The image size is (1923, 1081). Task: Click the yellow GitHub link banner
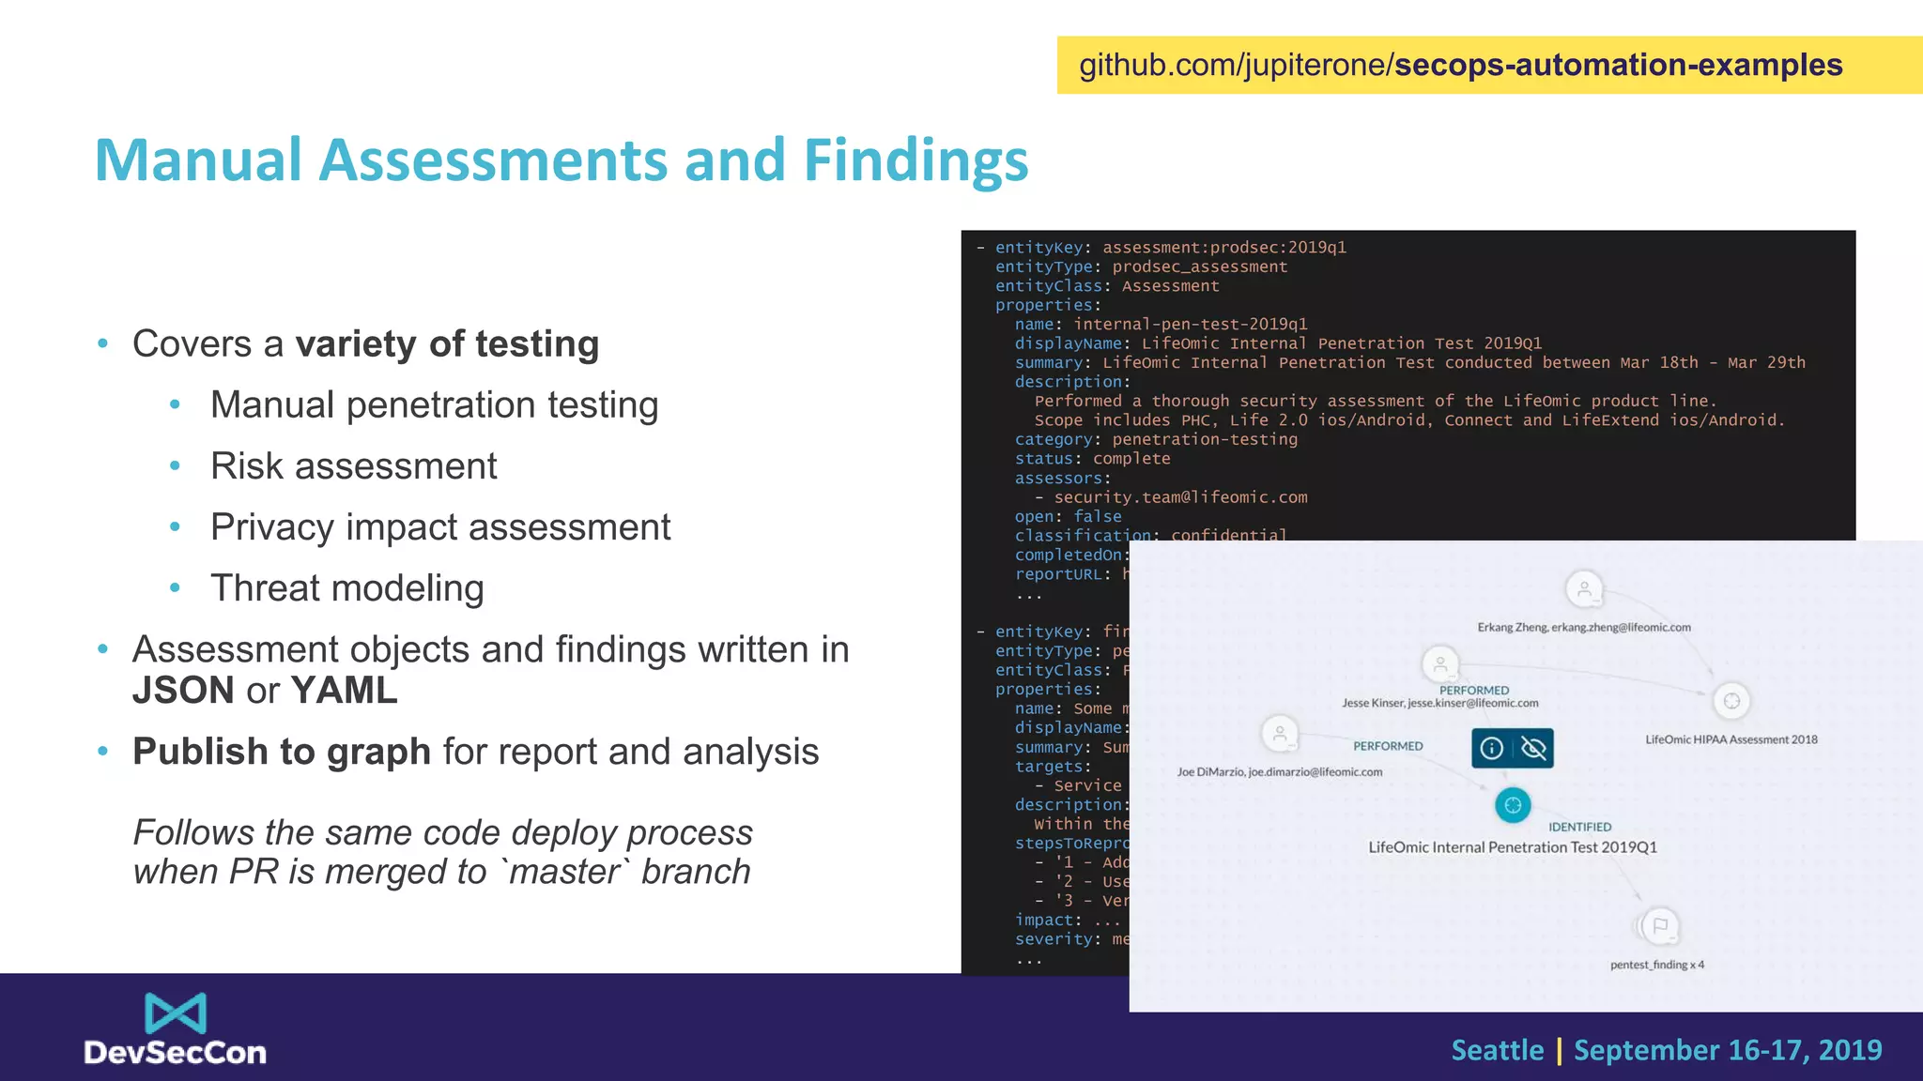[1489, 65]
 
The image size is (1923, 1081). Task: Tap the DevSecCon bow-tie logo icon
[176, 1013]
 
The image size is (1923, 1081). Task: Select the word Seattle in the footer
[1497, 1050]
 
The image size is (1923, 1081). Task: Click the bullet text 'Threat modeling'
[346, 588]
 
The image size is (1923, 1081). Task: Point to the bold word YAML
[345, 691]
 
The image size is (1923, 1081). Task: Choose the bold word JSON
[183, 691]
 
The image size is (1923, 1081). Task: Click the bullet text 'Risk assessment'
[353, 466]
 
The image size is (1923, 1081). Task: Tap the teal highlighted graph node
[1513, 805]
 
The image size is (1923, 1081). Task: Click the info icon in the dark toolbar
[1492, 748]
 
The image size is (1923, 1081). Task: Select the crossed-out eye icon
[1533, 748]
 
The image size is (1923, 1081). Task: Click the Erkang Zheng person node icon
[1584, 590]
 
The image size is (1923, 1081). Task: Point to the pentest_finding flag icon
[1660, 926]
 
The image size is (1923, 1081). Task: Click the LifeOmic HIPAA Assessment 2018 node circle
[1731, 701]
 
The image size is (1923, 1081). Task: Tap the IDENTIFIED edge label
[1579, 827]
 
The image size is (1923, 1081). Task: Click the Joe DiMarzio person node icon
[1280, 734]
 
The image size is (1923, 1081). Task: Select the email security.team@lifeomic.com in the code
[1180, 497]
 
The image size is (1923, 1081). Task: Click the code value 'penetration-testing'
[1205, 439]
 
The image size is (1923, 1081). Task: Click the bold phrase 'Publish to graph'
[282, 752]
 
